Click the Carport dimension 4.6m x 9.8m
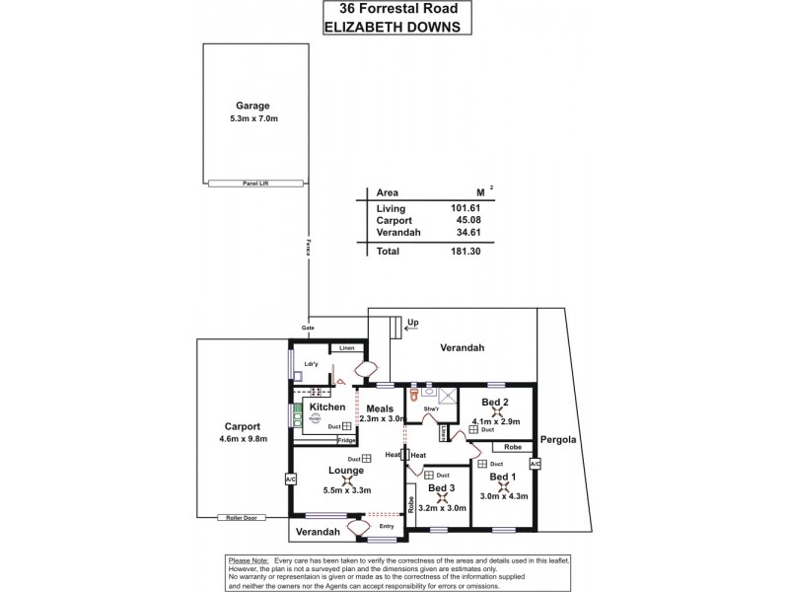tap(242, 440)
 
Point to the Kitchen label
tap(326, 407)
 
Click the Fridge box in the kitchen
tap(346, 440)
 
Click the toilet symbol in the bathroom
tap(416, 392)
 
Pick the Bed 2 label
tap(495, 403)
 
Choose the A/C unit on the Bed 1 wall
tap(536, 464)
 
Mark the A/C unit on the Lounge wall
tap(290, 480)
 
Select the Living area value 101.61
tap(464, 209)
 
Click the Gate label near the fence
tap(308, 328)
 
